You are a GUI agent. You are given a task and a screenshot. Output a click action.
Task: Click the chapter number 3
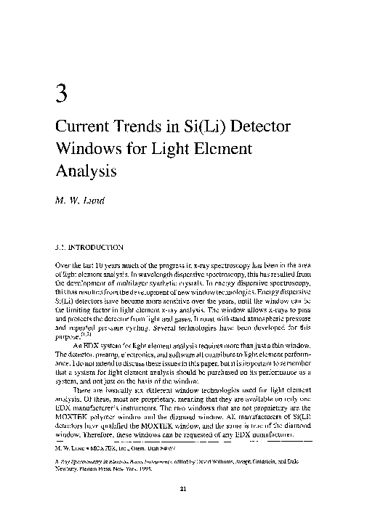tap(61, 94)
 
